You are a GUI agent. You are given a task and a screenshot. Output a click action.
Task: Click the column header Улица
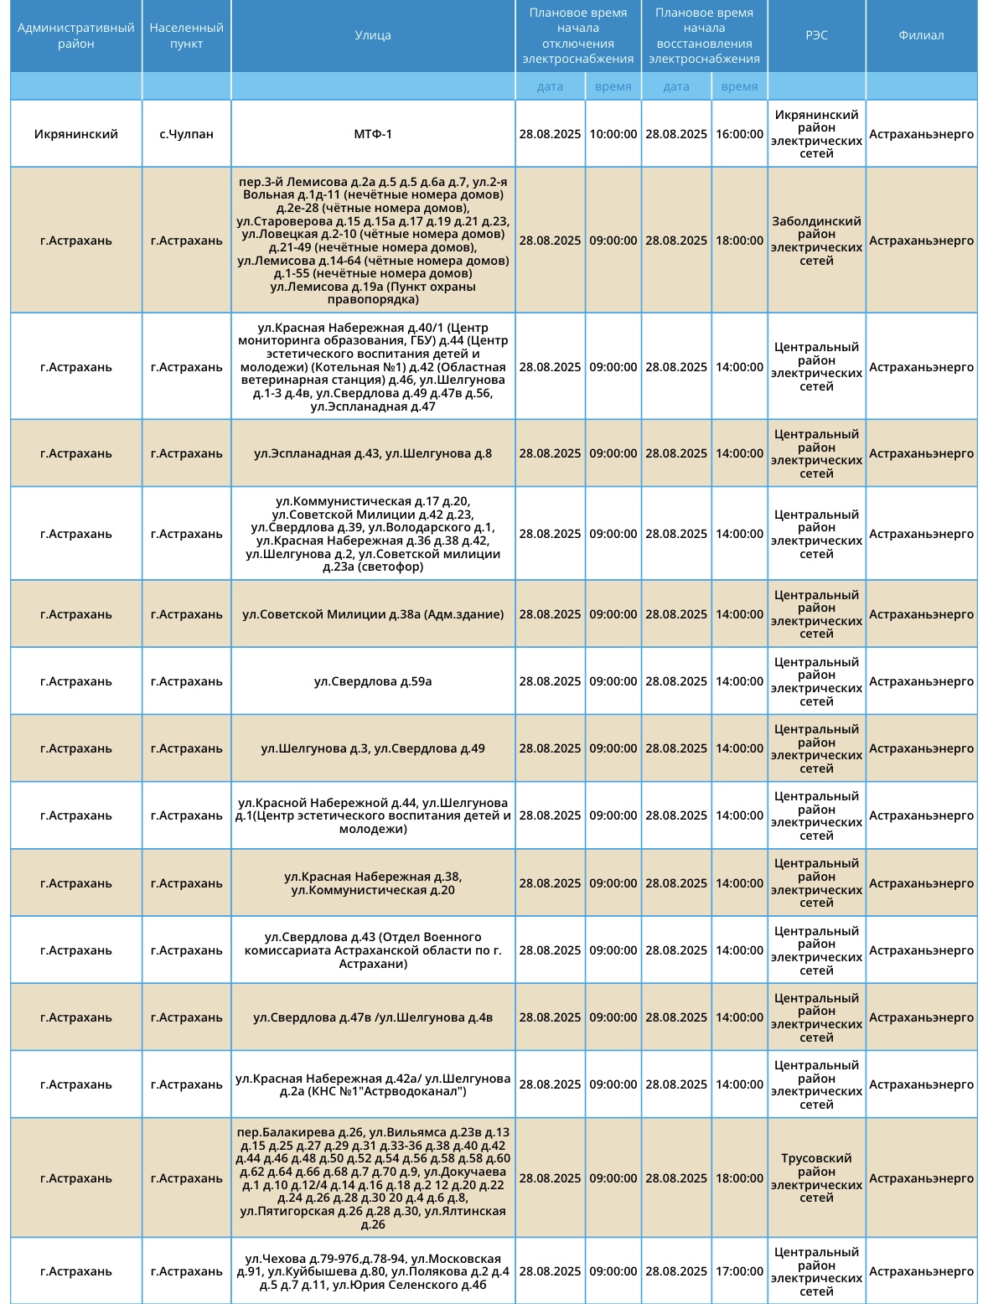373,35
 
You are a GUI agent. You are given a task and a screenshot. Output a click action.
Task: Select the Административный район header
76,35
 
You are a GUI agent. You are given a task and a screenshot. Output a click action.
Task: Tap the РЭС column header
816,35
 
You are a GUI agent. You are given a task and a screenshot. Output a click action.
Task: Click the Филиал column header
921,35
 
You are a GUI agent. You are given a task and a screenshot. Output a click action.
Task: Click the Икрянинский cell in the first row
76,134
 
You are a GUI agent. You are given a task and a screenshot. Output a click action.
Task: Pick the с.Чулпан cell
186,134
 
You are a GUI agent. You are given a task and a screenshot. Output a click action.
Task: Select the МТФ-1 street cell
373,134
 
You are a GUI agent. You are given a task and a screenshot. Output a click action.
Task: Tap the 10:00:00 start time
613,134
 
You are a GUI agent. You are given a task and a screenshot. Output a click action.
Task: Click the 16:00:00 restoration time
739,134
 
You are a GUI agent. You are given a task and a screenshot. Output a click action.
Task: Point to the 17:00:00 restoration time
739,1271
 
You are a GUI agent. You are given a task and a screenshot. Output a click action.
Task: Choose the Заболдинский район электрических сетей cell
816,241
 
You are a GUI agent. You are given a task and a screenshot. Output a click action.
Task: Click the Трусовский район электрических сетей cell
816,1177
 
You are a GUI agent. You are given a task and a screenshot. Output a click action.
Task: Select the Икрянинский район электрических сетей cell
816,134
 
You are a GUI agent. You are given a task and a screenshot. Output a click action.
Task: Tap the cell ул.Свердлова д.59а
373,681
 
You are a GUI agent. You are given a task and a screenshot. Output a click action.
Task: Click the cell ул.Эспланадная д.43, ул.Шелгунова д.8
373,453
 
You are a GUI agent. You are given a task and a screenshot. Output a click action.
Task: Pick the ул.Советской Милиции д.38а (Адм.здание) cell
373,614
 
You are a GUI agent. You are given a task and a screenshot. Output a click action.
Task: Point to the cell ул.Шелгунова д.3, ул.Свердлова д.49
373,748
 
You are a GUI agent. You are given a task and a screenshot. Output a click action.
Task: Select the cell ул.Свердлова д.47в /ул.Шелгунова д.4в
373,1017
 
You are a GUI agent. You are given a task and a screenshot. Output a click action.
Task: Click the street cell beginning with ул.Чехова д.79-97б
373,1271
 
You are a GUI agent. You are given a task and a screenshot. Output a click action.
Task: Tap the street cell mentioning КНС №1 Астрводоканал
373,1084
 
